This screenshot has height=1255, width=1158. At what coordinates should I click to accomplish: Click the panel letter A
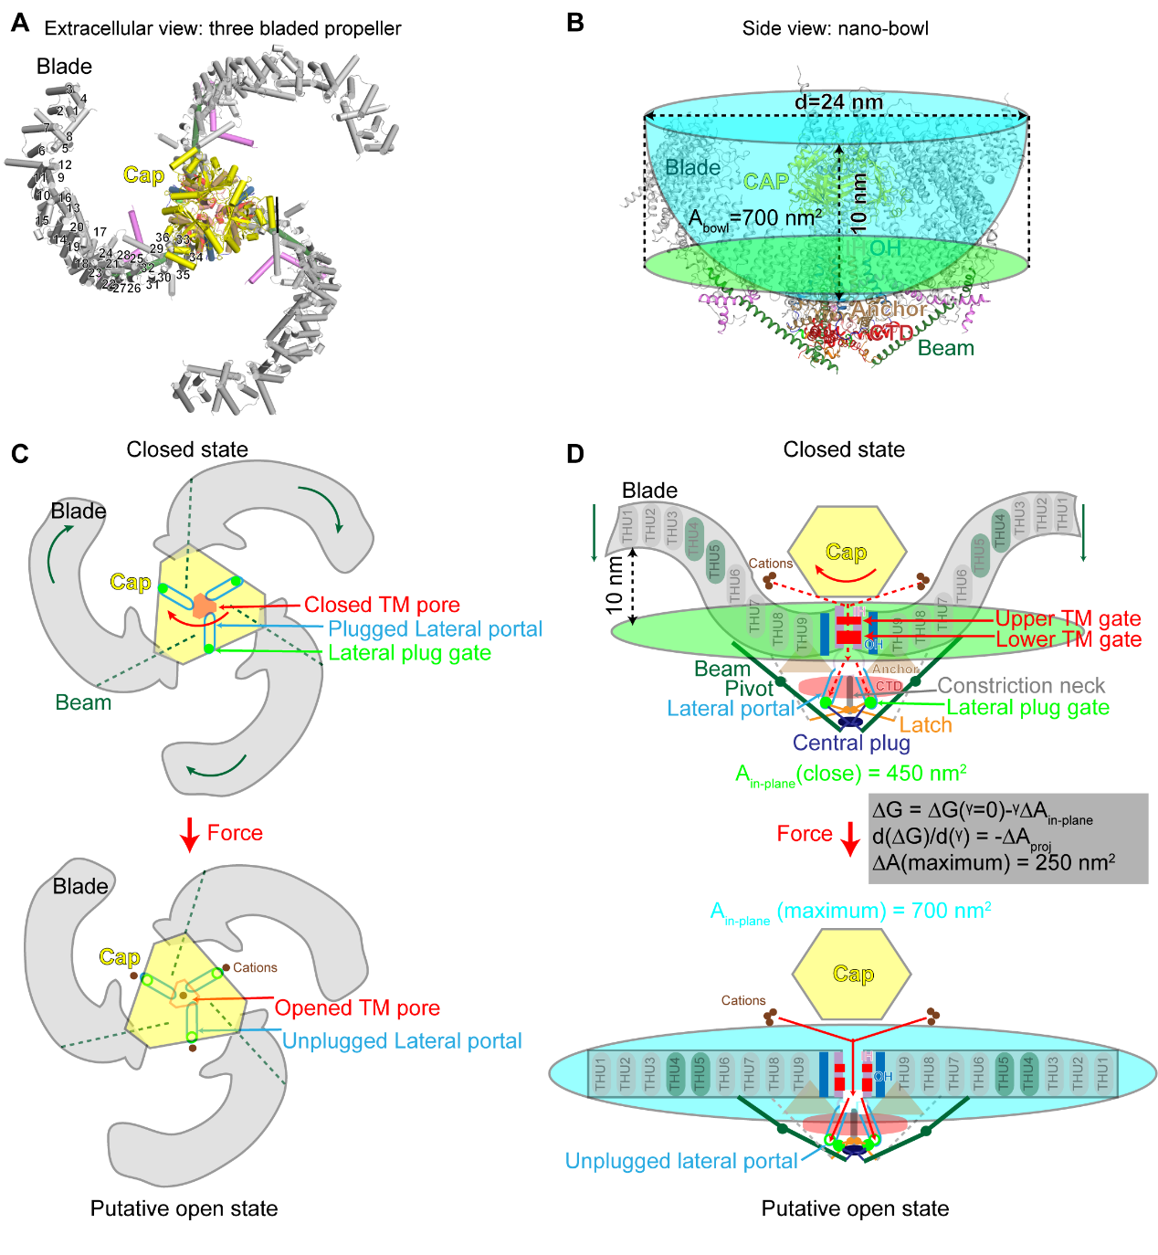click(x=19, y=23)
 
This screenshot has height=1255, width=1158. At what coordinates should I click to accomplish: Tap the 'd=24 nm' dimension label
click(x=838, y=101)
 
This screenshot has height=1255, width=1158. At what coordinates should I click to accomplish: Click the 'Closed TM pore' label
click(x=382, y=605)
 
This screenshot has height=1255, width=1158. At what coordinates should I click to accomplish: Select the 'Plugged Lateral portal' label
click(x=435, y=629)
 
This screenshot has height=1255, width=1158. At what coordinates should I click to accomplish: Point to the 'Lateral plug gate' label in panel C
click(x=409, y=653)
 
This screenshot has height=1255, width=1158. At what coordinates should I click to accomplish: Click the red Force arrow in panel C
click(x=190, y=834)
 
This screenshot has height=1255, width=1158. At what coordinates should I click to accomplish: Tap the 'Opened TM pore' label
click(x=357, y=1008)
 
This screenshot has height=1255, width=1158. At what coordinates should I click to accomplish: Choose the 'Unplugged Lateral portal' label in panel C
click(x=402, y=1041)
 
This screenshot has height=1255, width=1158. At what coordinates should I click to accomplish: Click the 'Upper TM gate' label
click(x=1068, y=618)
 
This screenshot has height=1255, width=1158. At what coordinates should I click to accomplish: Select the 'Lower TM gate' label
click(x=1068, y=639)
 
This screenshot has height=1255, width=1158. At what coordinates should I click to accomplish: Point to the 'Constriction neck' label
click(x=1020, y=685)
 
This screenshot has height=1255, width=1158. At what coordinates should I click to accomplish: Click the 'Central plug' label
click(x=851, y=743)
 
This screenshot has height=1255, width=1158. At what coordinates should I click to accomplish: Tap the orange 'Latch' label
click(x=925, y=725)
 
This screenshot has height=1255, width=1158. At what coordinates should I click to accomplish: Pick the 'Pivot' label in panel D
click(x=749, y=689)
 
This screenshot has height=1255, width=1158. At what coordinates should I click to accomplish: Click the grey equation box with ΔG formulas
click(x=1007, y=838)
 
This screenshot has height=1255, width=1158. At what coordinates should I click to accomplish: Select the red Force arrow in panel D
click(x=850, y=838)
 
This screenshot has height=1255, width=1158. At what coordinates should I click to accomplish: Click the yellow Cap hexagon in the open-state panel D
click(x=852, y=975)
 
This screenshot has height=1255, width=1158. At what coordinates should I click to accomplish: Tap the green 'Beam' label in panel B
click(x=945, y=348)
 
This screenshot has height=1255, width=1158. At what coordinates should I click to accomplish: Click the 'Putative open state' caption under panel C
click(x=184, y=1208)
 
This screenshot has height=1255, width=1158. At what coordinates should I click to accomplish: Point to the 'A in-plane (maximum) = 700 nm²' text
click(x=850, y=912)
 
